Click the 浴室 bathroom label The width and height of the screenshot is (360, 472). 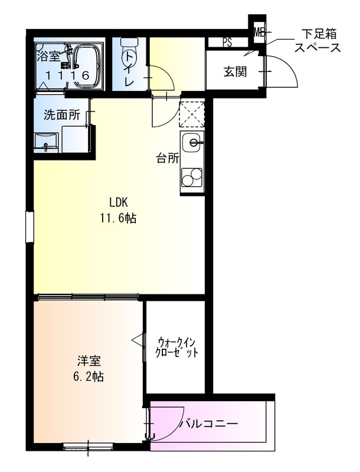pyautogui.click(x=48, y=57)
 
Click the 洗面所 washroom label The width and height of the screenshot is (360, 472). pyautogui.click(x=61, y=115)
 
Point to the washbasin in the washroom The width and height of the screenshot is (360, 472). pyautogui.click(x=46, y=142)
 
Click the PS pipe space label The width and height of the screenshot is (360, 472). pyautogui.click(x=227, y=42)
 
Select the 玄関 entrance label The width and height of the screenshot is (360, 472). pyautogui.click(x=234, y=73)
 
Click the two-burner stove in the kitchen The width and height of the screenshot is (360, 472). pyautogui.click(x=191, y=178)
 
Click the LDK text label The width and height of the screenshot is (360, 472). pyautogui.click(x=116, y=201)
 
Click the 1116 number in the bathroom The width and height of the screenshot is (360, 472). pyautogui.click(x=68, y=76)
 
